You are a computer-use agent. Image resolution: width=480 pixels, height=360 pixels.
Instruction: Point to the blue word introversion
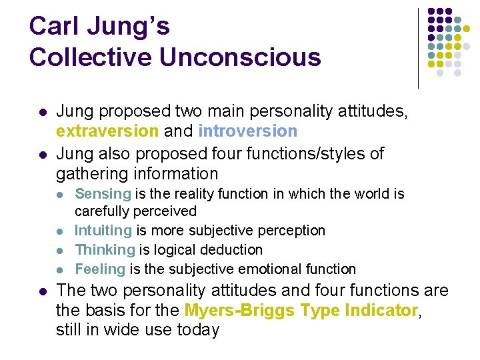pos(247,131)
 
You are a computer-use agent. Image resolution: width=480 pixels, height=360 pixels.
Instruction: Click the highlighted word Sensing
pos(103,193)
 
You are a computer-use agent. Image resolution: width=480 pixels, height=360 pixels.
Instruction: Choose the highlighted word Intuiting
pos(103,231)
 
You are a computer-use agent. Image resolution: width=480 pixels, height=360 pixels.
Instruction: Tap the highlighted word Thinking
pos(105,250)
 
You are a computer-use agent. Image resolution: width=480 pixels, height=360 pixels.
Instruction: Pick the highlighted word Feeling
pos(100,269)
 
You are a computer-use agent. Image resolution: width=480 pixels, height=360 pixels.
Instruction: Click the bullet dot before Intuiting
pos(61,231)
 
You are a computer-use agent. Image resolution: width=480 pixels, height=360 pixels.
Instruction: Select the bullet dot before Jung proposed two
pos(42,112)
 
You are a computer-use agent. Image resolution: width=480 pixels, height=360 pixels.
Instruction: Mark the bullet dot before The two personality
pos(42,291)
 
